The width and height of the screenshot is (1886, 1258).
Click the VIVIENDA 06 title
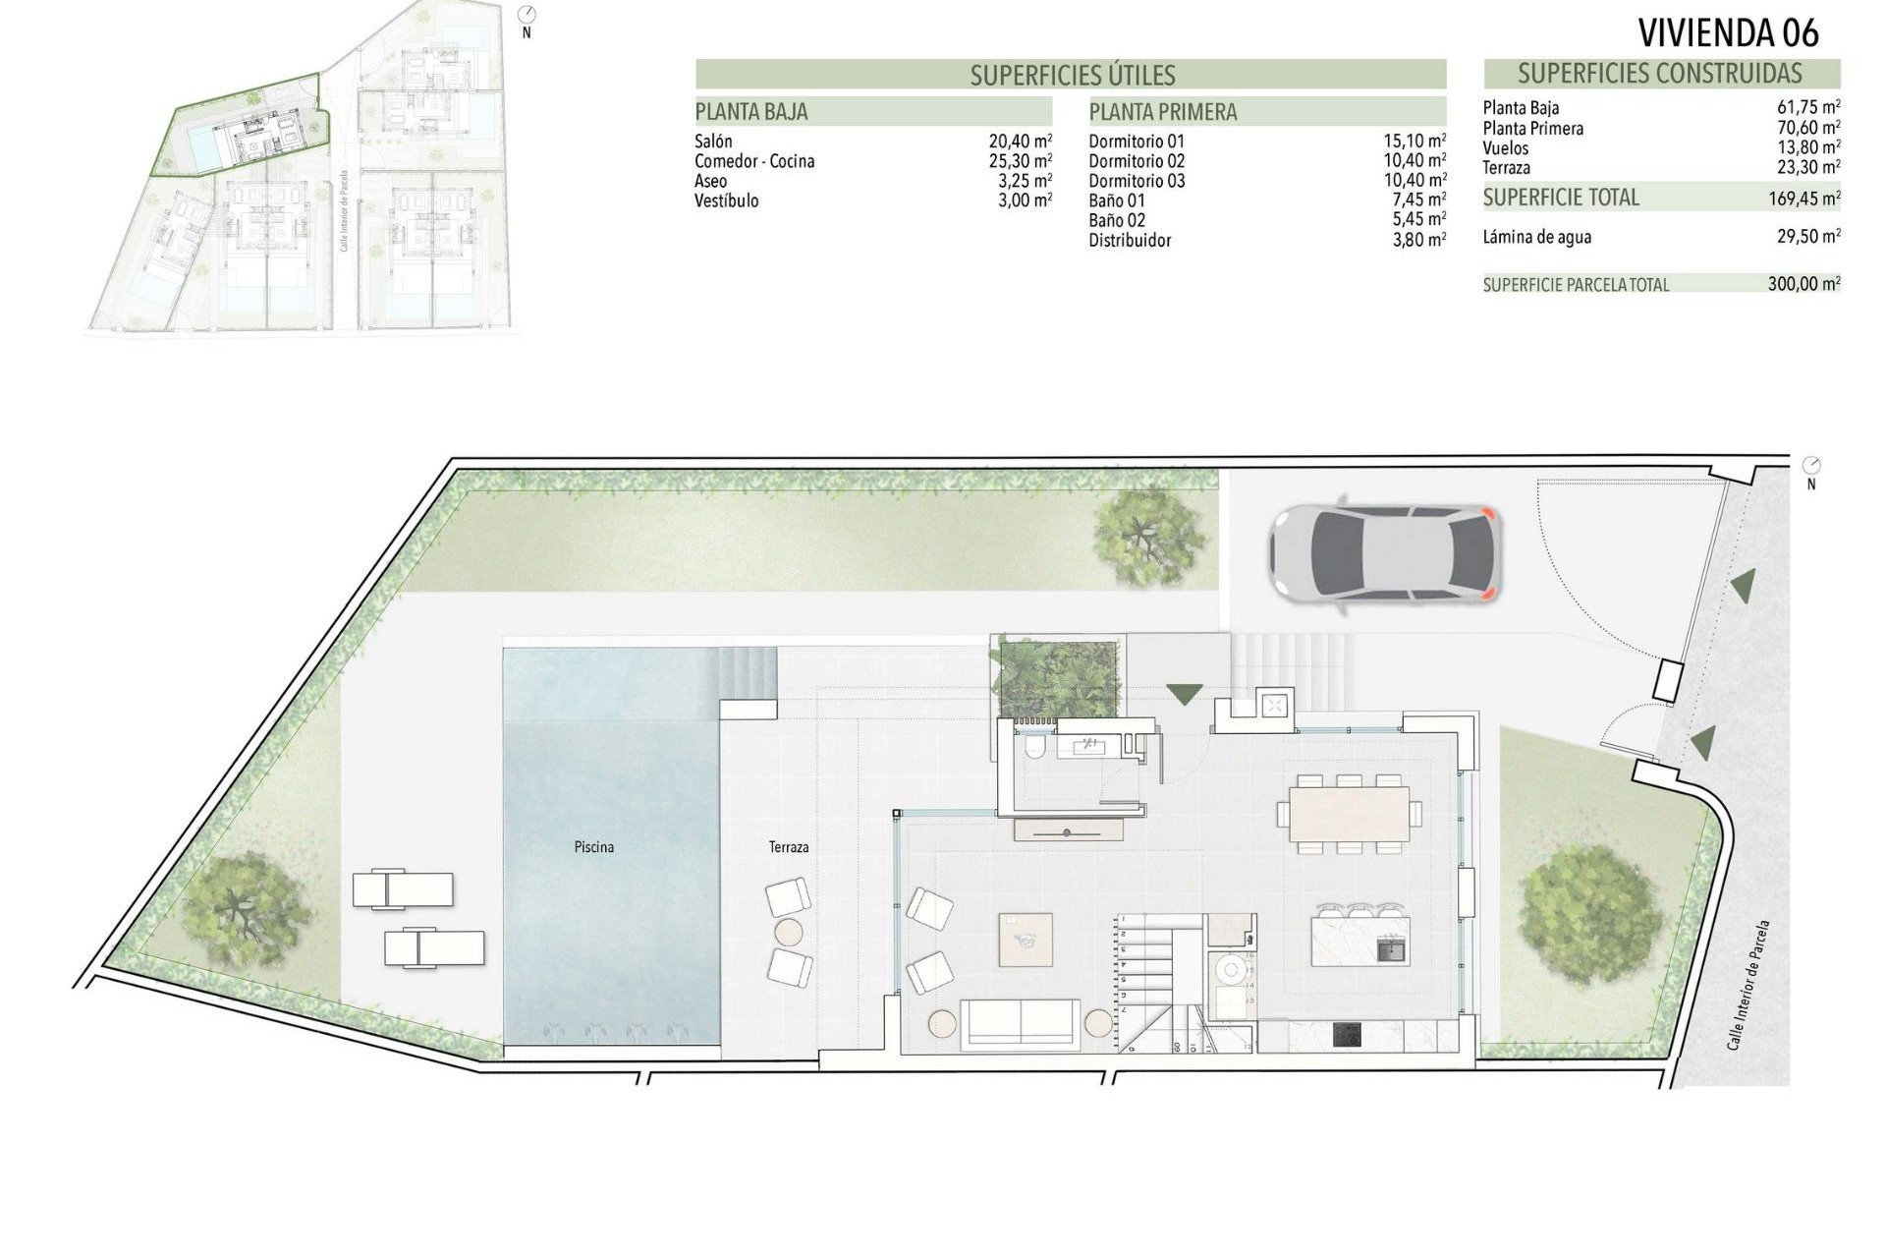(1728, 32)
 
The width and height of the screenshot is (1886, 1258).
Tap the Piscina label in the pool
(594, 847)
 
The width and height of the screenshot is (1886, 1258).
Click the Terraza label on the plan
(789, 847)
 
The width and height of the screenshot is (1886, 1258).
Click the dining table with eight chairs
(1349, 814)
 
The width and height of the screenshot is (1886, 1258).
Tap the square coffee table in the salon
(1026, 940)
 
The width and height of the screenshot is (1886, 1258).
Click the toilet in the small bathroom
(1033, 751)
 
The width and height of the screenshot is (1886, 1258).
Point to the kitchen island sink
(1390, 949)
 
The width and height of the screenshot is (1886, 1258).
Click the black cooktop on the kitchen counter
(1348, 1035)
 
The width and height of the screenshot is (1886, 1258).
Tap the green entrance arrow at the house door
(1184, 694)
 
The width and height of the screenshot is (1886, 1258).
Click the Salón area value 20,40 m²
(1020, 142)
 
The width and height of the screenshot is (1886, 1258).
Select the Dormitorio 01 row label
(1137, 142)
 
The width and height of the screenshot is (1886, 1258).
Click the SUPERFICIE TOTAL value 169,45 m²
(1803, 199)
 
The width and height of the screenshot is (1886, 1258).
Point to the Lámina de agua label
(1536, 237)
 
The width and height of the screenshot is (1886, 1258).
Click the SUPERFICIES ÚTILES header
(1072, 75)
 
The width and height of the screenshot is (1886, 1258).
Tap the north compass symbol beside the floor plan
(1811, 466)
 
